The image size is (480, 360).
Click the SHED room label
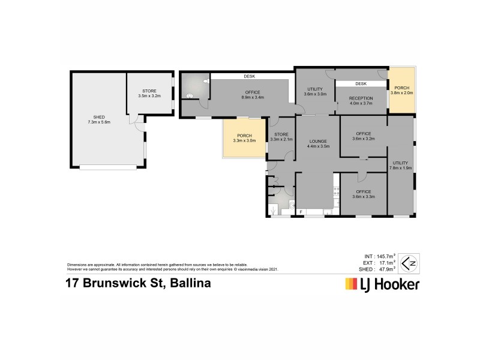(x=95, y=120)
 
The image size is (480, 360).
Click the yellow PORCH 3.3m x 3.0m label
(x=244, y=137)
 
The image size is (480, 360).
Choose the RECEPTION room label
(x=361, y=100)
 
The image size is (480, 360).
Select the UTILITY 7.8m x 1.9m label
(x=401, y=165)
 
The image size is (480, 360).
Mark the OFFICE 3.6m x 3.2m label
(x=363, y=136)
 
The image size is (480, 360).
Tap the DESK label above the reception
(x=361, y=83)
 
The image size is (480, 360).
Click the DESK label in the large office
(x=250, y=76)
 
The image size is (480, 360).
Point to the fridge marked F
(x=301, y=212)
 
